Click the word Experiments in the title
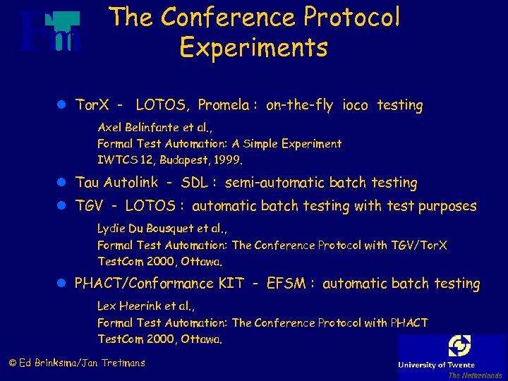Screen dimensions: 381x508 253,47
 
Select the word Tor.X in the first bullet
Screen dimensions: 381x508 92,105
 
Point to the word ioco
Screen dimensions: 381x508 355,105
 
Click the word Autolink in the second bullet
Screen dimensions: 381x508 131,182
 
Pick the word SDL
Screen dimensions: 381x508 194,183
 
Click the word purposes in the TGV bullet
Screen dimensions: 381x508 445,207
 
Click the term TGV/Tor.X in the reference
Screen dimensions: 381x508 409,245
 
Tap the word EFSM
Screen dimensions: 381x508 286,284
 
